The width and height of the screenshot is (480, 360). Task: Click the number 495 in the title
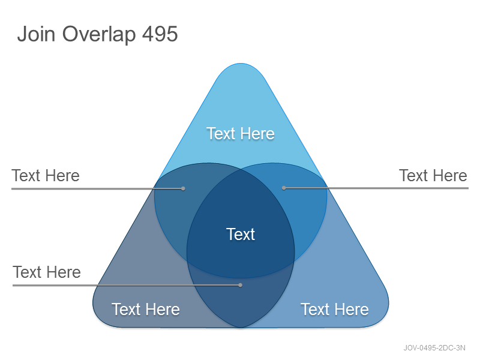coord(160,34)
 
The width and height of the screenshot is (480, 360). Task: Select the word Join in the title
coord(36,34)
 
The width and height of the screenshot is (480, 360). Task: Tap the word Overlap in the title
coord(99,34)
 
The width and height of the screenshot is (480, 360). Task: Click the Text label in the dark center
coord(241,234)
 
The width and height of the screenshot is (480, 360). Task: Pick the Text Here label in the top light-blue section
coord(241,133)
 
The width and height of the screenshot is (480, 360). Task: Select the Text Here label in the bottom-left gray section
coord(146,309)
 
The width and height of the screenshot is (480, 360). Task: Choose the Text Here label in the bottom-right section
coord(335,309)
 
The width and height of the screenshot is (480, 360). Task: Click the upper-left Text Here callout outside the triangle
coord(46,176)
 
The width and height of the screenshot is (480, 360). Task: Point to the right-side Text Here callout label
coord(433,176)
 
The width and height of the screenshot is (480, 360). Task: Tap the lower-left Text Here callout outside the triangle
coord(47,272)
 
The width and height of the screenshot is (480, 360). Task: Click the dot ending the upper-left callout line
coord(183,188)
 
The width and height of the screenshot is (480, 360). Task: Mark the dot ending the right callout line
coord(284,188)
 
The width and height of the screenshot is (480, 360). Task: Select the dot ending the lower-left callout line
coord(241,286)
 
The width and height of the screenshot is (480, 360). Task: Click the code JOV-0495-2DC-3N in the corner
coord(434,348)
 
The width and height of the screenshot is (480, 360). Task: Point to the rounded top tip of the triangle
coord(241,64)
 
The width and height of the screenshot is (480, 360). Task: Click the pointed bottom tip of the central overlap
coord(241,328)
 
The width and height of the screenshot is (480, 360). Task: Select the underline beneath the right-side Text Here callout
coord(376,188)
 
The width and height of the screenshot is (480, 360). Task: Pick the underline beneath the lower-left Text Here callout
coord(127,286)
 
